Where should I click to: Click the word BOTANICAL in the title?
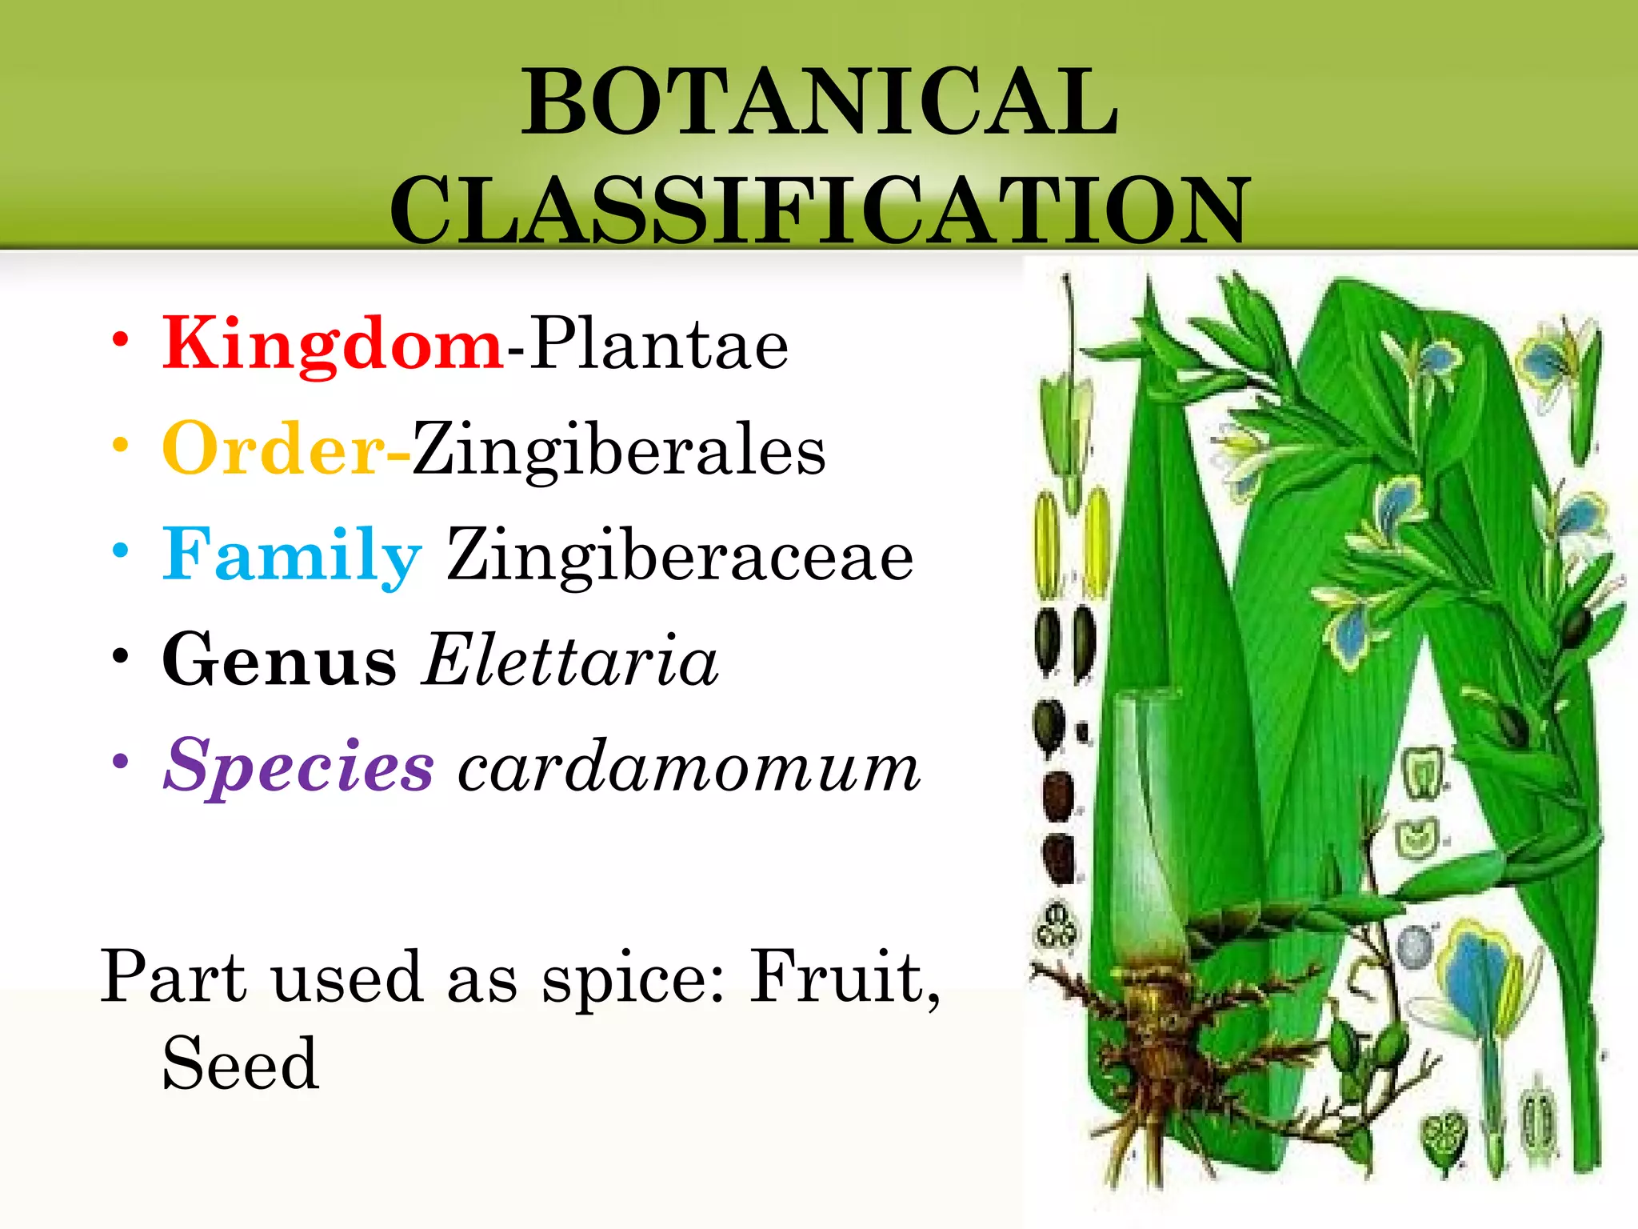[820, 102]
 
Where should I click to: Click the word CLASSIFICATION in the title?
[820, 210]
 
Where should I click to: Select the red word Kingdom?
[333, 344]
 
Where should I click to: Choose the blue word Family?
[292, 555]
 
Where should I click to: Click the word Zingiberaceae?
[680, 555]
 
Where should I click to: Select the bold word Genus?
[279, 660]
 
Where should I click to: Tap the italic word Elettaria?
[570, 660]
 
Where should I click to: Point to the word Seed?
[241, 1064]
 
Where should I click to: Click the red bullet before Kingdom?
[120, 340]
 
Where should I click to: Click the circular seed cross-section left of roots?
[1057, 928]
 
